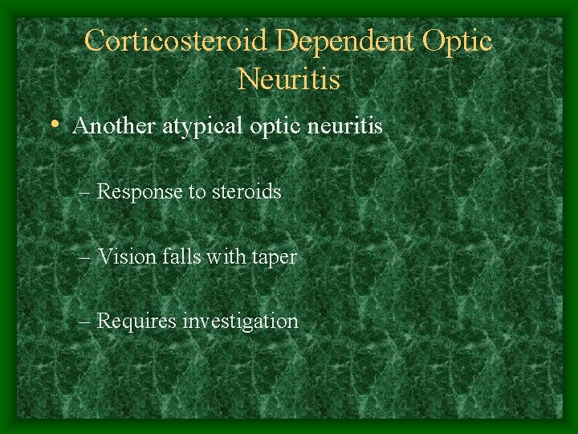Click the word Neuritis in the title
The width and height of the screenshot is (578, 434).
289,79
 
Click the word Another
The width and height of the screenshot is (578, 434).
108,126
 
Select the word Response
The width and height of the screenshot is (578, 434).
139,192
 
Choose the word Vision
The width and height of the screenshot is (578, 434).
124,257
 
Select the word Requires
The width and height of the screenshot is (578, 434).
137,321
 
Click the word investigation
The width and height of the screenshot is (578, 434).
241,322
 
